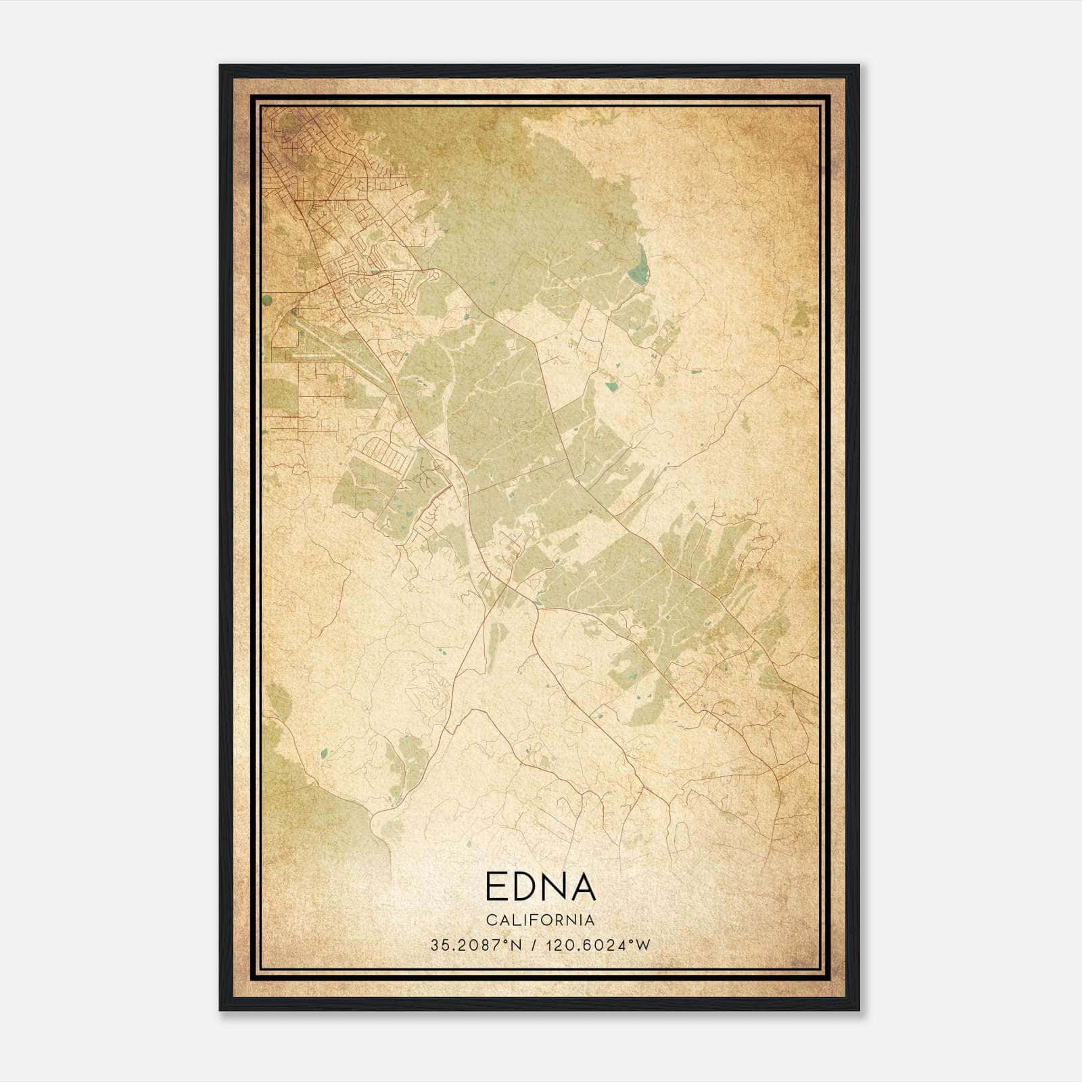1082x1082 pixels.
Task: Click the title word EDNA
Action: coord(540,887)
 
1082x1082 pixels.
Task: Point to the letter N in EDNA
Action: coord(557,887)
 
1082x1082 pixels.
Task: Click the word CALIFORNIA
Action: coord(540,920)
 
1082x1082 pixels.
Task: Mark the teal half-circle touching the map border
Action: coord(266,299)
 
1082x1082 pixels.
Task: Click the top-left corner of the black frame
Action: coord(221,66)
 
